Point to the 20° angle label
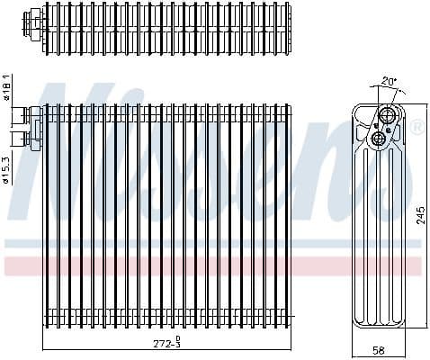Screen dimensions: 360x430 click(388, 80)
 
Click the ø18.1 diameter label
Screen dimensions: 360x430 click(6, 87)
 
